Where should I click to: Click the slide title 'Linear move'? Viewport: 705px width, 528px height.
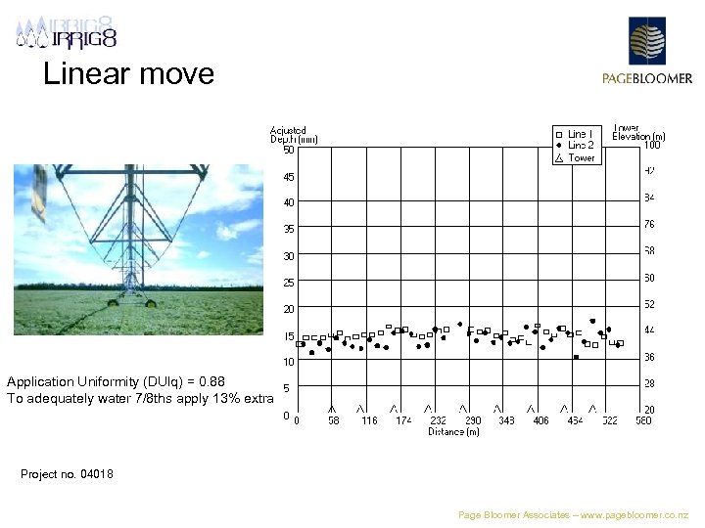(128, 74)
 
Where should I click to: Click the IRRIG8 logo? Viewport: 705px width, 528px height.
(67, 33)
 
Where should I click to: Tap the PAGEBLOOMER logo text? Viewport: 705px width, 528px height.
(646, 79)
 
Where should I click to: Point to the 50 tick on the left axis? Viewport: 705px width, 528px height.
(288, 150)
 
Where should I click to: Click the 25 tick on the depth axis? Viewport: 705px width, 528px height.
(288, 283)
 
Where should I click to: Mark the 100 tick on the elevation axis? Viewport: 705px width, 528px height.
(651, 146)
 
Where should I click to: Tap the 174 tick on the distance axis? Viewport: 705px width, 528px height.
(403, 420)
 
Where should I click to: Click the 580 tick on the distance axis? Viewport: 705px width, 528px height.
(642, 420)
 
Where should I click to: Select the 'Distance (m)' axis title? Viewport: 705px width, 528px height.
(453, 431)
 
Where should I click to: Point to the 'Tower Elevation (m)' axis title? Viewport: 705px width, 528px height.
(638, 132)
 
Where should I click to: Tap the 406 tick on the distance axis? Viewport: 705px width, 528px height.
(540, 420)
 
